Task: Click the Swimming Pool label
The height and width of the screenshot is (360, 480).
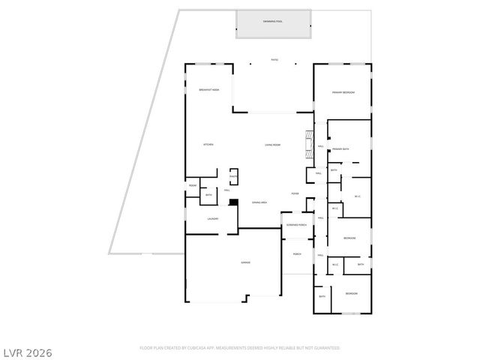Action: (x=274, y=22)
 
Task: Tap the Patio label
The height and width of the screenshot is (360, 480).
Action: (x=274, y=60)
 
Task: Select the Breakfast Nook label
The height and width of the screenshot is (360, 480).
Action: (x=208, y=90)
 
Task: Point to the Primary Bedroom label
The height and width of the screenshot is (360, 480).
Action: (x=343, y=92)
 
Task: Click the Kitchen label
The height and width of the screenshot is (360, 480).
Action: (x=208, y=144)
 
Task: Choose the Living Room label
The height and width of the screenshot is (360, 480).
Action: (x=271, y=144)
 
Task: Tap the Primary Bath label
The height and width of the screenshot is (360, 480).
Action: (x=342, y=149)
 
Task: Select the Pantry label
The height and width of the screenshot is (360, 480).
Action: (x=233, y=176)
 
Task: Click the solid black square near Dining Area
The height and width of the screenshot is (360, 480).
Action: (x=233, y=202)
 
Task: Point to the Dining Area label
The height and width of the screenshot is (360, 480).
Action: (x=260, y=202)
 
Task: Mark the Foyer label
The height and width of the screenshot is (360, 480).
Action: (x=295, y=193)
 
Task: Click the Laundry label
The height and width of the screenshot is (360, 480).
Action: (x=212, y=219)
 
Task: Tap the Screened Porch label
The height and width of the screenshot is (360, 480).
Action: (x=295, y=225)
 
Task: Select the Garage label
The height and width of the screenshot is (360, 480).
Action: (x=245, y=262)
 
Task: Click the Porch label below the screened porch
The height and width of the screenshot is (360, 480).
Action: (x=296, y=253)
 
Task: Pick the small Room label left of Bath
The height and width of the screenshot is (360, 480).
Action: (x=193, y=185)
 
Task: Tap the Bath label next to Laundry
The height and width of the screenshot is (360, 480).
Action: (x=208, y=196)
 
